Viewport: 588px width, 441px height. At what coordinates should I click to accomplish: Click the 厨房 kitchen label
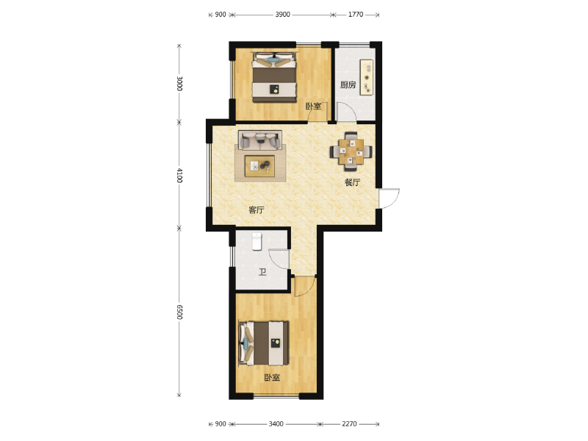(x=348, y=85)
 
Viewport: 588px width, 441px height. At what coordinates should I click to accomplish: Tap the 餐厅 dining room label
(x=352, y=182)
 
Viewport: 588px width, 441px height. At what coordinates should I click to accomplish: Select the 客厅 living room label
(x=256, y=209)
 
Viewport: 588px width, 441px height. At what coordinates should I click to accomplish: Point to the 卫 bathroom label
(x=262, y=271)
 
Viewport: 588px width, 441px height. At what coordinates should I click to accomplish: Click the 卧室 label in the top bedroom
(x=313, y=106)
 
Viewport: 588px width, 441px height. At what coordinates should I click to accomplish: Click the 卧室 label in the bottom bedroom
(x=272, y=377)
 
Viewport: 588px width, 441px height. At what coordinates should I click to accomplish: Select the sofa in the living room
(x=260, y=140)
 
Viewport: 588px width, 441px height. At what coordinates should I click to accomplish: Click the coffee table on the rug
(x=259, y=166)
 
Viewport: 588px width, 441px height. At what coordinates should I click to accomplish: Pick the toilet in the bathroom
(x=257, y=241)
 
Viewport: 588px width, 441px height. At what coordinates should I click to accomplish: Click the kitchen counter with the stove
(x=366, y=77)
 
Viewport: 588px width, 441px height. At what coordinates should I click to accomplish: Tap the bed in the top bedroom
(x=274, y=77)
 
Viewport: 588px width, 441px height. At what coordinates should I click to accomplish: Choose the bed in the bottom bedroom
(x=264, y=343)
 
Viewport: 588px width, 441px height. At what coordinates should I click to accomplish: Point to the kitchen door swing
(x=345, y=112)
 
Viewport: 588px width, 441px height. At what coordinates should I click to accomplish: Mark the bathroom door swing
(x=279, y=259)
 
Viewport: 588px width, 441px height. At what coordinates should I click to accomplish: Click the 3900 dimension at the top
(x=282, y=14)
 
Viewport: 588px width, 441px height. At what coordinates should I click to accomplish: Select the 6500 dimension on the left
(x=179, y=312)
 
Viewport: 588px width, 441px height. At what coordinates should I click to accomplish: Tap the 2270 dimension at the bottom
(x=349, y=424)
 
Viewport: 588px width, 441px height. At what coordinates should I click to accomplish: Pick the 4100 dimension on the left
(x=179, y=175)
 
